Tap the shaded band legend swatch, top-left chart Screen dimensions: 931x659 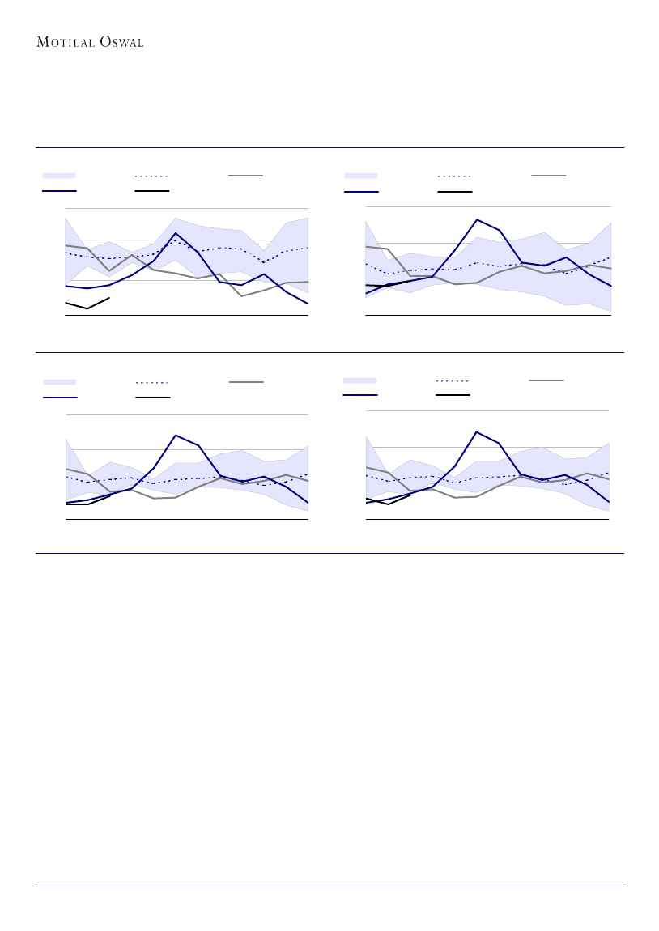coord(59,175)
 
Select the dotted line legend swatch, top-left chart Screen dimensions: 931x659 coord(151,175)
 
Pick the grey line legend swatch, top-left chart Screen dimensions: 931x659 coord(245,175)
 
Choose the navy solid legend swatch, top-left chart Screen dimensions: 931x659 coord(59,191)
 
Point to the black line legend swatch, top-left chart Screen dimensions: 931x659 coord(151,191)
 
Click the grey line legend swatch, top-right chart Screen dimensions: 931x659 coord(548,175)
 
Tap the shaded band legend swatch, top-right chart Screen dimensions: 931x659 coord(361,175)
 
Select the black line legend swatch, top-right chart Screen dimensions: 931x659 coord(454,192)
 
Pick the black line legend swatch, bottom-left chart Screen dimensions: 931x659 coord(152,397)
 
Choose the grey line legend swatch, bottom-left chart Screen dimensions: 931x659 coord(246,381)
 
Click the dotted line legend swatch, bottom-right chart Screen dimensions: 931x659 coord(453,380)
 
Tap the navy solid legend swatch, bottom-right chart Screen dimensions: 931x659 coord(360,395)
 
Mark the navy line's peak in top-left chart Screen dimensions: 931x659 coord(176,233)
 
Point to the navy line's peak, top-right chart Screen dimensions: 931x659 coord(478,219)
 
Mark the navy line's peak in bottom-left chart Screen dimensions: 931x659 coord(175,435)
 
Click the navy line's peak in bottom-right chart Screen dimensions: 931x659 coord(477,432)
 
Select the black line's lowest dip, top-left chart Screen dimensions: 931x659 coord(87,308)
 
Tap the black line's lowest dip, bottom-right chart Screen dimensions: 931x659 coord(389,504)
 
